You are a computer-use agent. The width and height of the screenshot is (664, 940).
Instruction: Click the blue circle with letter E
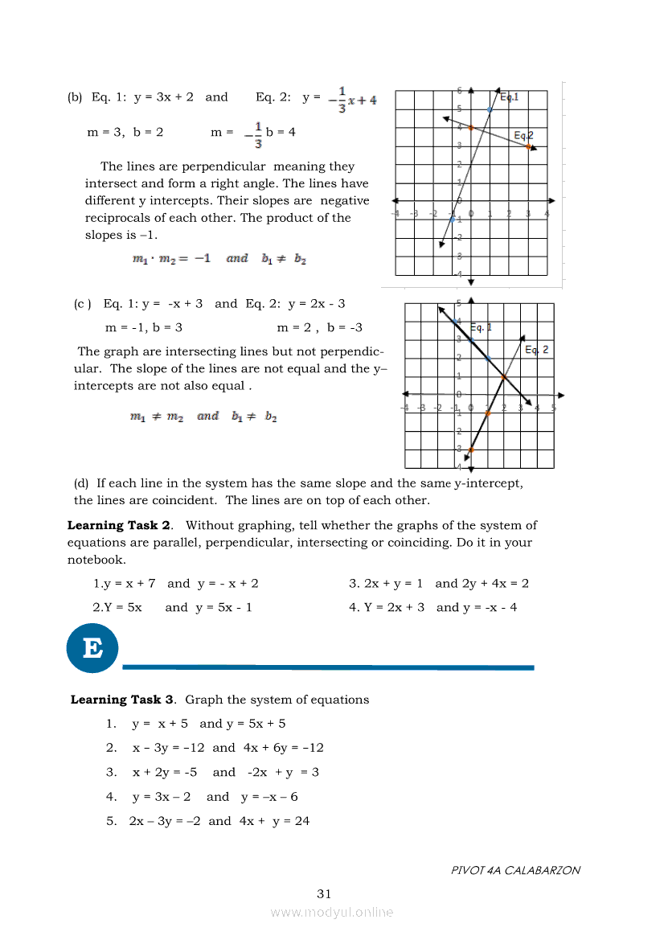[92, 647]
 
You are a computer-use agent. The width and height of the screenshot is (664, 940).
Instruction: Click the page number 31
[324, 893]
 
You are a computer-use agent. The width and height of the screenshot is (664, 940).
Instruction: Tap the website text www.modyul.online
[332, 912]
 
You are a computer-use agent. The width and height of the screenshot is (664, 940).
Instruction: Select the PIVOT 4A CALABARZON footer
[515, 870]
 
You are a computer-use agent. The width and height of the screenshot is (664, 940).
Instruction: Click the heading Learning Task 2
[119, 525]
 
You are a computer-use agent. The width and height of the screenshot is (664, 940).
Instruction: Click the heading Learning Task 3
[122, 700]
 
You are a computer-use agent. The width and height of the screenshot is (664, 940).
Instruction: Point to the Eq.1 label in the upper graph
[509, 96]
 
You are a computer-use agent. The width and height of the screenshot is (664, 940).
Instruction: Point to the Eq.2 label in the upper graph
[523, 135]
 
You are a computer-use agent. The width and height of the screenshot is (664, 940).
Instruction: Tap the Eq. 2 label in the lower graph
[536, 350]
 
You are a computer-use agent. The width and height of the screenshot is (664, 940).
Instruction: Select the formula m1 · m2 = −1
[171, 259]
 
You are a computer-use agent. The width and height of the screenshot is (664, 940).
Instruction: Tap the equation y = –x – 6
[269, 797]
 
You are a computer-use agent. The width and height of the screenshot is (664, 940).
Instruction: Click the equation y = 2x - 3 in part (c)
[317, 304]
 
